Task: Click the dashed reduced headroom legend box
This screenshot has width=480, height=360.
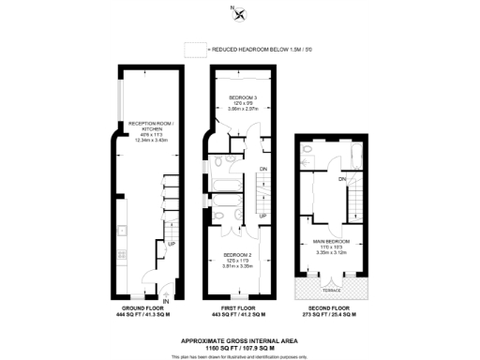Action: (x=194, y=48)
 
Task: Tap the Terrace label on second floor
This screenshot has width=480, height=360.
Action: (x=330, y=278)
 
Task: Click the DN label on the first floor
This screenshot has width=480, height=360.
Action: (x=263, y=169)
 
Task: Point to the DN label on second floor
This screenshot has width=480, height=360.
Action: (x=343, y=178)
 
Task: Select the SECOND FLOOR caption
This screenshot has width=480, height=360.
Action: (x=330, y=308)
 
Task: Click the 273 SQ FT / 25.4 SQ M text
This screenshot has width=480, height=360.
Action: (x=330, y=315)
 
